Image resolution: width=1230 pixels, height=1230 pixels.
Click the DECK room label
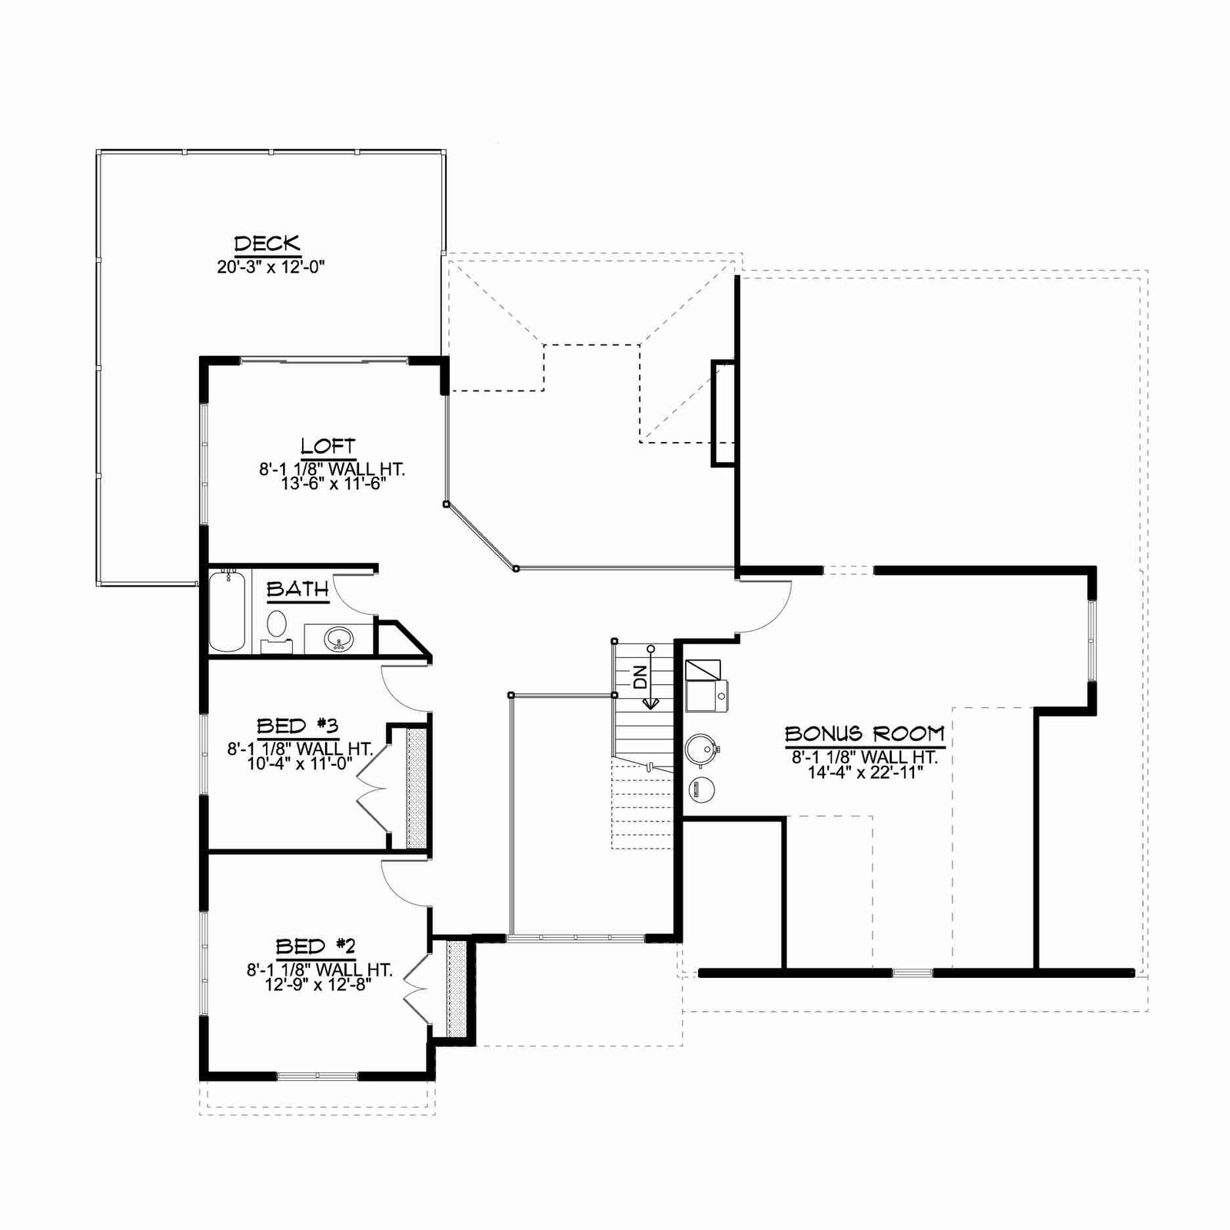(x=267, y=244)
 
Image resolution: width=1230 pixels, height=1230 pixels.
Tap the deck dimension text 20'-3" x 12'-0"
(x=271, y=268)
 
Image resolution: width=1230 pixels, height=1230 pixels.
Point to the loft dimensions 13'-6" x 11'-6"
(x=332, y=484)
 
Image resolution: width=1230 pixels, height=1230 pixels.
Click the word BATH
(x=298, y=590)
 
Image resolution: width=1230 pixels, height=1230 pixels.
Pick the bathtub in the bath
(x=228, y=611)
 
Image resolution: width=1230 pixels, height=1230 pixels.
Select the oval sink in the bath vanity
(x=338, y=637)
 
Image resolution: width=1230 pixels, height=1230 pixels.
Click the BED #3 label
(x=298, y=726)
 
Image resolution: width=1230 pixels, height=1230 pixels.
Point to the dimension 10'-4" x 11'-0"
(x=300, y=764)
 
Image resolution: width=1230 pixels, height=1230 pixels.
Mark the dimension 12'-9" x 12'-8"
(x=319, y=985)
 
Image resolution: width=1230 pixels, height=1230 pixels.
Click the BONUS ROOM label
(x=865, y=734)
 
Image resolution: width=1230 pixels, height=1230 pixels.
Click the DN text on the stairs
(x=640, y=676)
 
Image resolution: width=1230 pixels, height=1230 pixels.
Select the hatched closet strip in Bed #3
(x=416, y=788)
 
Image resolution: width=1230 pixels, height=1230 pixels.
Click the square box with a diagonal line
(x=703, y=670)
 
